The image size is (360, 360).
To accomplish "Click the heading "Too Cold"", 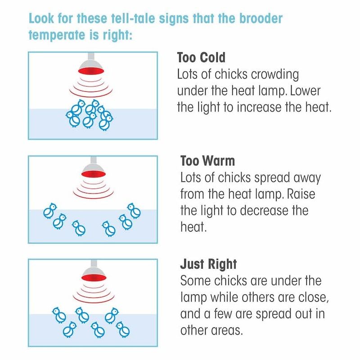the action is [x=201, y=58].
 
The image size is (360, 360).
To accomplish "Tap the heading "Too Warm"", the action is [x=207, y=161].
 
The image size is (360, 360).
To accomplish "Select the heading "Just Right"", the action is [x=208, y=264].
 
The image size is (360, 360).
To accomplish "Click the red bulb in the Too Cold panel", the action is [x=91, y=71].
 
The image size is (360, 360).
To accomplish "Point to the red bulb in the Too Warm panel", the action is [x=94, y=174].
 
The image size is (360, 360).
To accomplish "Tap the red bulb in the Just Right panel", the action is [x=94, y=278].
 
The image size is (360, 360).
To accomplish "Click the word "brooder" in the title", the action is [x=261, y=18].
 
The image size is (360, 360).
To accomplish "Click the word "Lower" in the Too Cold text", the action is [x=305, y=91].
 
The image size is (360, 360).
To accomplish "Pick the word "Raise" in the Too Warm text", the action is [x=301, y=194].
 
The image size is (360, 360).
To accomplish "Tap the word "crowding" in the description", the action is [x=275, y=75].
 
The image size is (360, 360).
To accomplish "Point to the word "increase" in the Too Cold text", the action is [x=259, y=107].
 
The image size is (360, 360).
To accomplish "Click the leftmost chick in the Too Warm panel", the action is [x=50, y=211].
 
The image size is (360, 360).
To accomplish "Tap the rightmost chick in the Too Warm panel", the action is [x=134, y=211].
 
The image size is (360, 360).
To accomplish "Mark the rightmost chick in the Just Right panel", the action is [x=123, y=329].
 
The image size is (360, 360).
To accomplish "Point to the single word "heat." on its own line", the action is [x=193, y=227].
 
